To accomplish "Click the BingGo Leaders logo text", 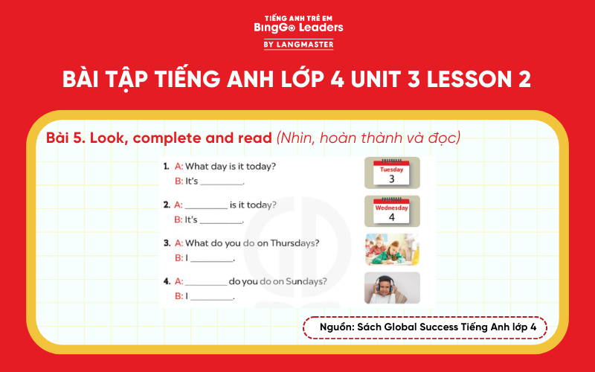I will point(297,28).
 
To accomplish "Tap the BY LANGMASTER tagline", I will point(297,45).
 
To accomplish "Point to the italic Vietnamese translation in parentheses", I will point(369,138).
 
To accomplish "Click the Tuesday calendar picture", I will point(392,173).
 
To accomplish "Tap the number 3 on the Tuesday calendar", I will point(392,179).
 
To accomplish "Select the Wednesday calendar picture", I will point(392,211).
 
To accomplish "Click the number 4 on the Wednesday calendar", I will point(392,217).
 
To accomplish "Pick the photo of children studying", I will point(392,250).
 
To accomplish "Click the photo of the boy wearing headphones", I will point(392,288).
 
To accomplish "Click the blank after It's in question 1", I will point(222,182).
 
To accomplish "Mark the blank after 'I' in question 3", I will point(213,259).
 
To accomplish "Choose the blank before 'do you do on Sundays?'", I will point(206,282).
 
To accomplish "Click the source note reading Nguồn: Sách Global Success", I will point(425,327).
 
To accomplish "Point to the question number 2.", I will point(167,205).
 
